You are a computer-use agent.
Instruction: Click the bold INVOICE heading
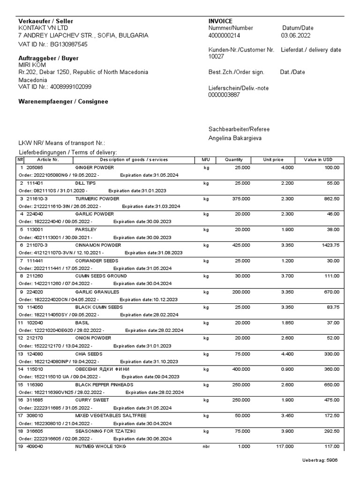pyautogui.click(x=220, y=21)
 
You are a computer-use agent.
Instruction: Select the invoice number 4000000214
pyautogui.click(x=225, y=35)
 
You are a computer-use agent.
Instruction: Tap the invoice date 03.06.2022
pyautogui.click(x=295, y=35)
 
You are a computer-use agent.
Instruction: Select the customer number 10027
pyautogui.click(x=216, y=57)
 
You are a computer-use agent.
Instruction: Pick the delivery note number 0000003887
pyautogui.click(x=224, y=95)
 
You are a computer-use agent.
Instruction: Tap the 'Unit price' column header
pyautogui.click(x=273, y=160)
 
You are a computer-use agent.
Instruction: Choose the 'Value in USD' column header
pyautogui.click(x=318, y=160)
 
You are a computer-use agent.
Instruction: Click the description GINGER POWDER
pyautogui.click(x=94, y=168)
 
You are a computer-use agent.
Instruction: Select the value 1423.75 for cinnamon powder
pyautogui.click(x=330, y=245)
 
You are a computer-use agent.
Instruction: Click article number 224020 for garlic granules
pyautogui.click(x=34, y=292)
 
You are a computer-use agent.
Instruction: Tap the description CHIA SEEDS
pyautogui.click(x=89, y=354)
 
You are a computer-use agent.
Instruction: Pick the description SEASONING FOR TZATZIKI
pyautogui.click(x=102, y=431)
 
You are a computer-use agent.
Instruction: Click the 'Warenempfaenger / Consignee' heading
pyautogui.click(x=63, y=102)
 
